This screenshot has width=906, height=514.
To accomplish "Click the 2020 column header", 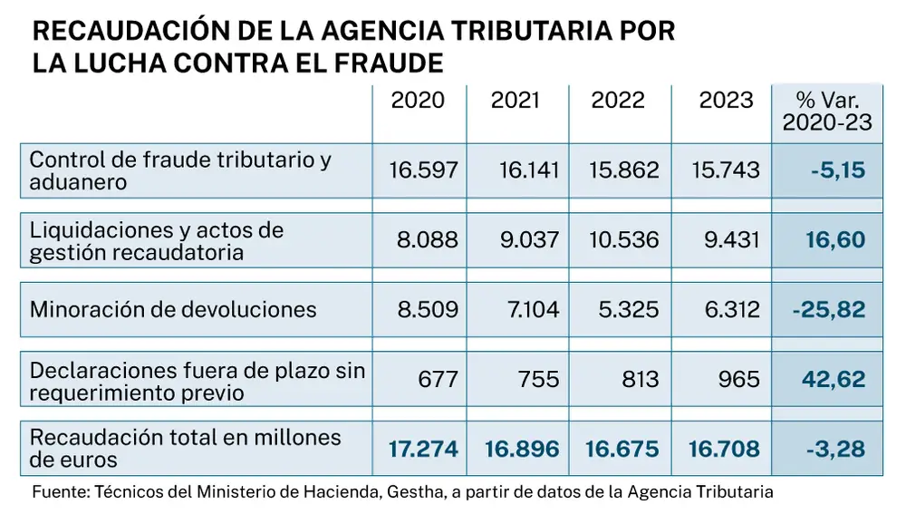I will point(418,100).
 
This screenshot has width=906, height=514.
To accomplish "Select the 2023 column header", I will point(726,100).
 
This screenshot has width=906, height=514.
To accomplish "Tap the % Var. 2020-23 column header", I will point(826,111).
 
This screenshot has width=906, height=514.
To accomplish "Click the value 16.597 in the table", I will point(423,170).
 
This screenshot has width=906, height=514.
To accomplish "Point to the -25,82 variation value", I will point(827,310).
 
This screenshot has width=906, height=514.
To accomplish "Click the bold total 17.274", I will point(423,449).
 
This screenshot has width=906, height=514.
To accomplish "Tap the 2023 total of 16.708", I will point(726,449).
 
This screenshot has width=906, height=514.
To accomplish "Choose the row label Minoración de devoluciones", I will point(173,310).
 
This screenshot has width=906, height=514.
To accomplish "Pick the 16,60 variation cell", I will point(834,240).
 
